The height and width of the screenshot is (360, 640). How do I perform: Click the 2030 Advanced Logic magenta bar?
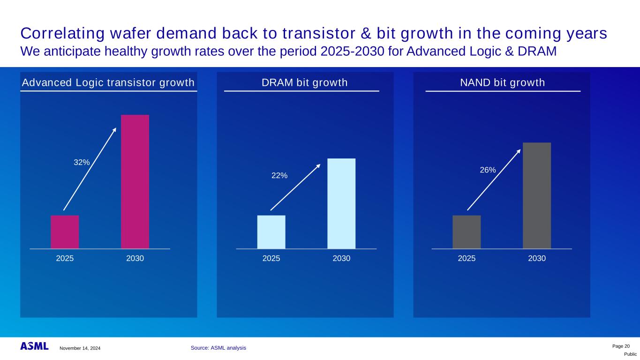[135, 181]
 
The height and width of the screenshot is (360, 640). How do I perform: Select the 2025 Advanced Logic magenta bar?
[65, 232]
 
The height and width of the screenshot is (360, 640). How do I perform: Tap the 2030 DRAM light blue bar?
[341, 203]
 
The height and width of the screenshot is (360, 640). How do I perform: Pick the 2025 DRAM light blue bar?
[271, 232]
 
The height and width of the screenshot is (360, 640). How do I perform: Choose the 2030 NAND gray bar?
[537, 195]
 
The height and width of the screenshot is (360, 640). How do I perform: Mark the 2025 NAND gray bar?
[467, 232]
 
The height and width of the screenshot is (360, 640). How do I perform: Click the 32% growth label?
[82, 162]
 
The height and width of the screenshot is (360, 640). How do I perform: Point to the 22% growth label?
[280, 175]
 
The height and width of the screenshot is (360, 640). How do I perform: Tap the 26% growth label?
[488, 170]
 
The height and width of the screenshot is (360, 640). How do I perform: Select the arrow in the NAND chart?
[494, 180]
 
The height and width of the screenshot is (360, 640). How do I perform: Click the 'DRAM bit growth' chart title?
[304, 83]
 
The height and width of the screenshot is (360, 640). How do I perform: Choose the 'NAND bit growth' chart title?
[503, 83]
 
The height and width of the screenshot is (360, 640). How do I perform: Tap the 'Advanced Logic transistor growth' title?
[108, 83]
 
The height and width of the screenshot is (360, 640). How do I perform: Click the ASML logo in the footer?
[34, 346]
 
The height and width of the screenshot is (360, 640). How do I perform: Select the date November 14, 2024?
[80, 348]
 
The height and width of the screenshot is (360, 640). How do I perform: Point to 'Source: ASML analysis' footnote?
[218, 348]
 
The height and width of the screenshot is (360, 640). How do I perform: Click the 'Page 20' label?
[621, 346]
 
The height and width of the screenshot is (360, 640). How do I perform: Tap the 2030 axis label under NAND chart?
[537, 258]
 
